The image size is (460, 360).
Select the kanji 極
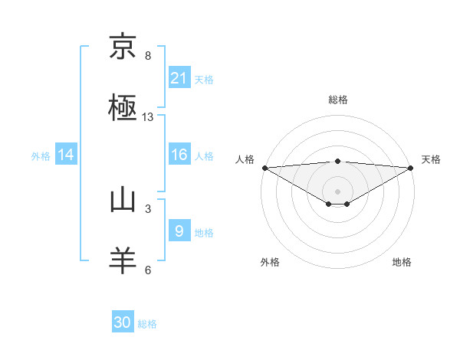pos(123,107)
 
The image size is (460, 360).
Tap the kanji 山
pos(123,200)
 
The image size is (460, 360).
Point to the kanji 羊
pos(123,260)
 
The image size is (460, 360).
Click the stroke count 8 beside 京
pos(148,56)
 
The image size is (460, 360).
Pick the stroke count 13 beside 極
pos(148,117)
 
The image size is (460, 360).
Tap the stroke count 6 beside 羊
pos(148,270)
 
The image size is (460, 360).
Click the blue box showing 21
pos(179,77)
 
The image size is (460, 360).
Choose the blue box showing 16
pos(179,155)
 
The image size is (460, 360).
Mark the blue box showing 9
pos(179,231)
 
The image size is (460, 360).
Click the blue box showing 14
pos(66,155)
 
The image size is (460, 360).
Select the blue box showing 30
pos(123,322)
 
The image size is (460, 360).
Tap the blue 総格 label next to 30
pos(147,324)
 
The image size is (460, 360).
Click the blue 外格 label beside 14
pos(41,156)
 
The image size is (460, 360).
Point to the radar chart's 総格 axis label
pos(338,100)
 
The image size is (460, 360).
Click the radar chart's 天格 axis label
pos(431,159)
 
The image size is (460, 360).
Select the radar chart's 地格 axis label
pos(402,263)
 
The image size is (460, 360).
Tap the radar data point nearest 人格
pos(264,167)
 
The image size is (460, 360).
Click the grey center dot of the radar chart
pos(338,191)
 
